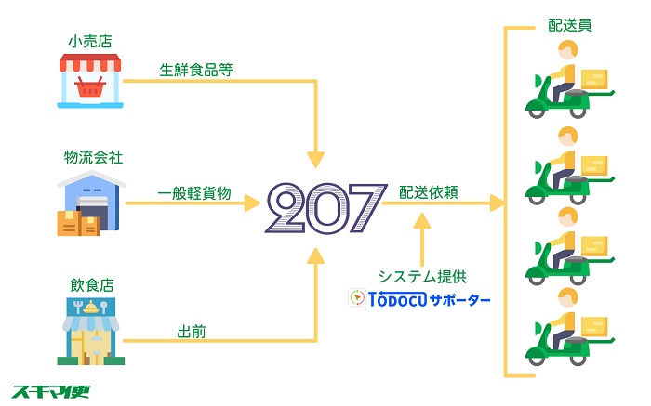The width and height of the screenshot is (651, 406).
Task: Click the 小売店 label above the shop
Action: tap(90, 41)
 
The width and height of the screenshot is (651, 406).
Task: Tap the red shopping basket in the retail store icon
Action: tap(90, 87)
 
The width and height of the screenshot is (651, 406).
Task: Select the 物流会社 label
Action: tap(93, 157)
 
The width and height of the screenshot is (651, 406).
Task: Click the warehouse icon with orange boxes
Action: tap(91, 203)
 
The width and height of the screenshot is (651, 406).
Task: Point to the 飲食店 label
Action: tap(92, 285)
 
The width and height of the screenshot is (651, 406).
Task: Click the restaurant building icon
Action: tap(91, 331)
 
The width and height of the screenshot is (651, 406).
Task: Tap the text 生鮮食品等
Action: tap(196, 70)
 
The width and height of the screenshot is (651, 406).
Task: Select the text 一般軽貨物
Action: tap(194, 193)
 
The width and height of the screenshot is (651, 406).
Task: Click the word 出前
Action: tap(192, 332)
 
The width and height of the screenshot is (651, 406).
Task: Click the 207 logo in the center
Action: tap(326, 207)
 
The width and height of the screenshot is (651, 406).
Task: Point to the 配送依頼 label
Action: tap(429, 192)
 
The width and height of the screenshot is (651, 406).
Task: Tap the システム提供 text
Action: tap(422, 277)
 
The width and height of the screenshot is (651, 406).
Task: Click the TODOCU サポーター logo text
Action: tap(430, 299)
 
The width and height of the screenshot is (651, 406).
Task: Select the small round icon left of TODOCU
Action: tap(356, 297)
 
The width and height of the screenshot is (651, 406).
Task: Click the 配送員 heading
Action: tap(569, 25)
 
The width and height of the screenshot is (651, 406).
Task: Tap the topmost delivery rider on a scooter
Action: tap(569, 80)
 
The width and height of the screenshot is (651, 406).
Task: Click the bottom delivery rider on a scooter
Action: tap(569, 327)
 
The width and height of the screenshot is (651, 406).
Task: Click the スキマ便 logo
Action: tap(50, 391)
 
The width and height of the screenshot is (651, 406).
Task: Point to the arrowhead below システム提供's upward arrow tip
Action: tap(422, 221)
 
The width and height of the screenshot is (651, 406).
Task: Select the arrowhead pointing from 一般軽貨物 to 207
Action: tap(252, 203)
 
